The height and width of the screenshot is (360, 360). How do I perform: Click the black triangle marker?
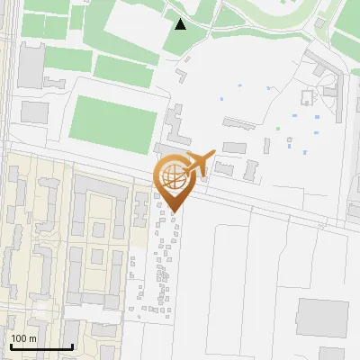181,24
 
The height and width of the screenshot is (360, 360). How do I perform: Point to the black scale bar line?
40,347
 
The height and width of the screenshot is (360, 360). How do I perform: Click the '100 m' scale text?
24,339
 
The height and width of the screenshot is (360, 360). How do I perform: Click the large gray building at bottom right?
321,315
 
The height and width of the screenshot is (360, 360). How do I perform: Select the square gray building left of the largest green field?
34,112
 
